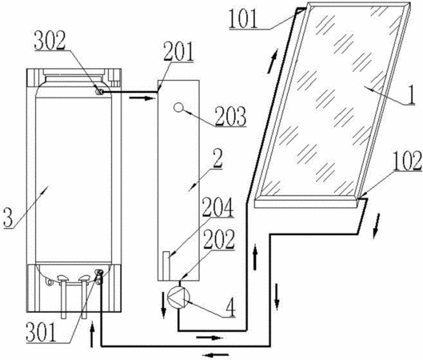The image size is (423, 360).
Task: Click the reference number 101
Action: (243, 19)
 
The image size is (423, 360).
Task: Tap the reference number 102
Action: (407, 161)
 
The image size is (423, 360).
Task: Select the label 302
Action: (50, 41)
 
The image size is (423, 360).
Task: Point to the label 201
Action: (178, 52)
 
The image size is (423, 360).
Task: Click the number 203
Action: (230, 117)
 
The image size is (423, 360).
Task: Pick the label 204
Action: (217, 207)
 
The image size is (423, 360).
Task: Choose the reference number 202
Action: (219, 240)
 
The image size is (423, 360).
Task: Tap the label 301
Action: (42, 333)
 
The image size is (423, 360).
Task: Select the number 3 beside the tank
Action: (8, 218)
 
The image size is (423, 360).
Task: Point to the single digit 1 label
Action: (411, 94)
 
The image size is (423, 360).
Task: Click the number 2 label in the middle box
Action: (217, 159)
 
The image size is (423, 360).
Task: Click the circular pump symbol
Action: (178, 297)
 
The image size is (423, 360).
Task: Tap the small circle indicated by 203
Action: (178, 107)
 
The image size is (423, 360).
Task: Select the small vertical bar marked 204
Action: (166, 266)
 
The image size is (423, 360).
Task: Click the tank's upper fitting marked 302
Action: (99, 92)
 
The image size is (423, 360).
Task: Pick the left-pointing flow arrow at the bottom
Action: (215, 355)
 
